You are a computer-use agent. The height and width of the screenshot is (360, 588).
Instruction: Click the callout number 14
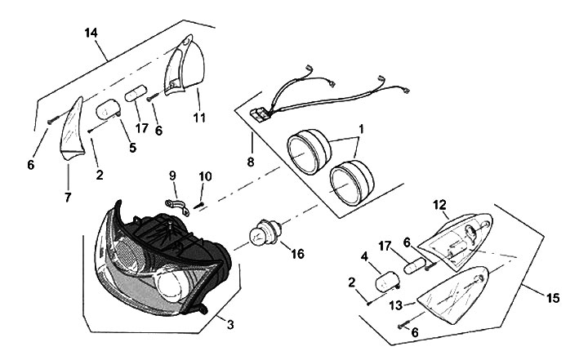click(91, 33)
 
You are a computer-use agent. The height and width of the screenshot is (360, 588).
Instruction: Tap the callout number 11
click(198, 118)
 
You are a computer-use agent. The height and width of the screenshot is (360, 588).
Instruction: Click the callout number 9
click(171, 174)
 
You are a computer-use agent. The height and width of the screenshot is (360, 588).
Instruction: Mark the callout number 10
click(205, 176)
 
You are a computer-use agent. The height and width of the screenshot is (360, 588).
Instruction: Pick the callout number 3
click(230, 325)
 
